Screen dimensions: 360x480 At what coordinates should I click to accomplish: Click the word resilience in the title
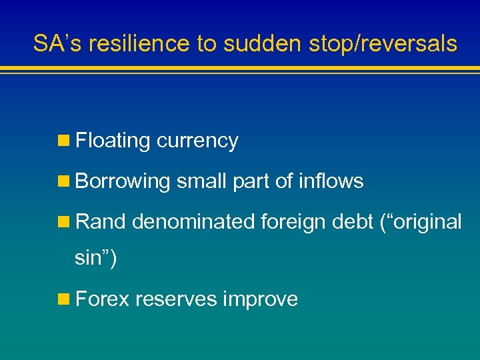coord(139,44)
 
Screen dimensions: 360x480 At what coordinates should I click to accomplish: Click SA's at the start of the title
coord(59,44)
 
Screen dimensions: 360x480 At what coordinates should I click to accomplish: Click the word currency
coord(197,141)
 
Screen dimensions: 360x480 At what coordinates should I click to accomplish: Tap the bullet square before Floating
coord(65,141)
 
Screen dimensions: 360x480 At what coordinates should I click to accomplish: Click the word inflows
coord(331,181)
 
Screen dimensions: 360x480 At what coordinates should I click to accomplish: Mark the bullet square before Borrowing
coord(65,181)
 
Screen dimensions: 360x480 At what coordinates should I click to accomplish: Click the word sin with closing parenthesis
coord(95,258)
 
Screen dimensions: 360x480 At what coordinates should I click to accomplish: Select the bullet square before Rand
coord(65,221)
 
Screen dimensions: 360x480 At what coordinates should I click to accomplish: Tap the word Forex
coord(103,299)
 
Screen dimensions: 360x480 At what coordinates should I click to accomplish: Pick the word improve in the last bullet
coord(261,300)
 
